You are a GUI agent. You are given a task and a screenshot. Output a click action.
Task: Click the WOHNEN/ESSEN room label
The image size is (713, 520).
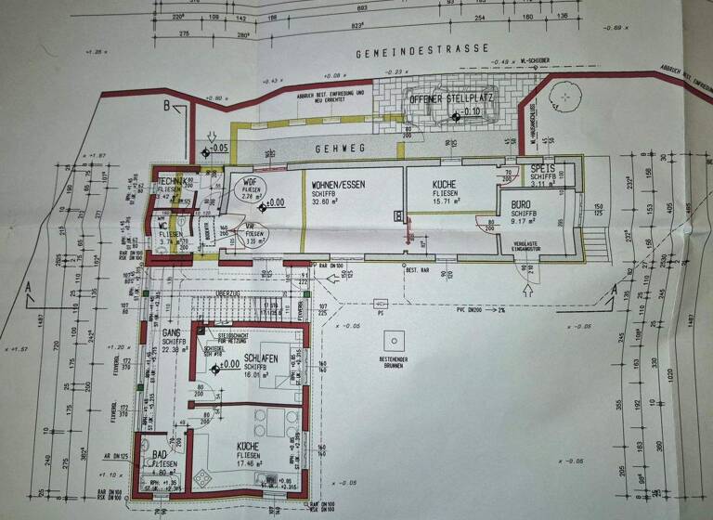(x=338, y=185)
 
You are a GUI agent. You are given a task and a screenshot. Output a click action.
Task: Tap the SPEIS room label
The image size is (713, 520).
(x=543, y=170)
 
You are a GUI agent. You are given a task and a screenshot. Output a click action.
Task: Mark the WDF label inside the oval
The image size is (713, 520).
(x=250, y=180)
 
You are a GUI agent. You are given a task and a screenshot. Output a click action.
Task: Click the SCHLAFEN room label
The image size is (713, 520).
(x=263, y=357)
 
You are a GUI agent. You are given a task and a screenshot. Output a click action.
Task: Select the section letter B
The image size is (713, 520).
(x=167, y=107)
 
